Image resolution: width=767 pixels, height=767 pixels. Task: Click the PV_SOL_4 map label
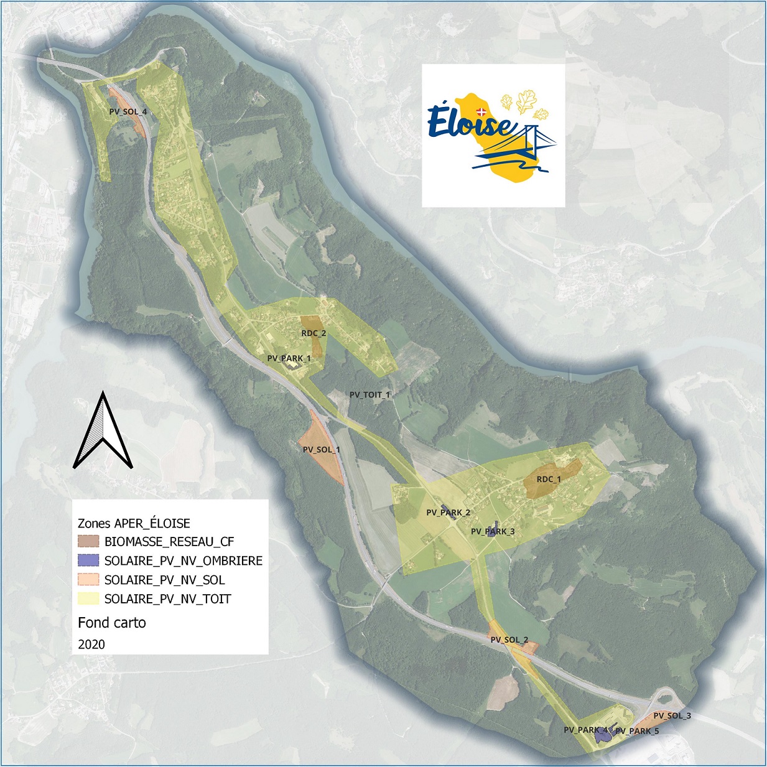128,112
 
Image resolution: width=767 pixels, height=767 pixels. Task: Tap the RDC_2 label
314,333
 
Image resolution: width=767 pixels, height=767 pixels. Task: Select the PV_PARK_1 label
289,358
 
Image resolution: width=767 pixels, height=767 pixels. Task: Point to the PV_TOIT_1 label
370,394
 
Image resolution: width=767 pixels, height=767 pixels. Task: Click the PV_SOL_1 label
321,450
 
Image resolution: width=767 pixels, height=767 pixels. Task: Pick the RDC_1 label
548,480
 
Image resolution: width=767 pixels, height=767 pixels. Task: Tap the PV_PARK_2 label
448,513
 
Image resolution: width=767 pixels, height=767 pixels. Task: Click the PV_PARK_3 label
493,532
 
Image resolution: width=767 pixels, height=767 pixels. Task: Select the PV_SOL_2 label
509,640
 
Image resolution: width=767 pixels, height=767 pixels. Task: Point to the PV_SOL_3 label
672,716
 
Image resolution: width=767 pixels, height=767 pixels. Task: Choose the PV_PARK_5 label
637,731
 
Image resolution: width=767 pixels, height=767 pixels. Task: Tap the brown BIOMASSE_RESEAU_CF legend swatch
89,542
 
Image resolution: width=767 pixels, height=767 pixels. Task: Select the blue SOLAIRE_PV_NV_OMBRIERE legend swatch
89,560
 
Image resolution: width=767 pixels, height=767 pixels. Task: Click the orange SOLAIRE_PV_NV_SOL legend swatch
89,580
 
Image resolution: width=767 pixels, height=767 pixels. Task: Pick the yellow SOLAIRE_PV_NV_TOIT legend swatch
89,599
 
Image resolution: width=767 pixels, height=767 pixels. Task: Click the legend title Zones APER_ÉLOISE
134,523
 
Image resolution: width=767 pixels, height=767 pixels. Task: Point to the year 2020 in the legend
91,644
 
